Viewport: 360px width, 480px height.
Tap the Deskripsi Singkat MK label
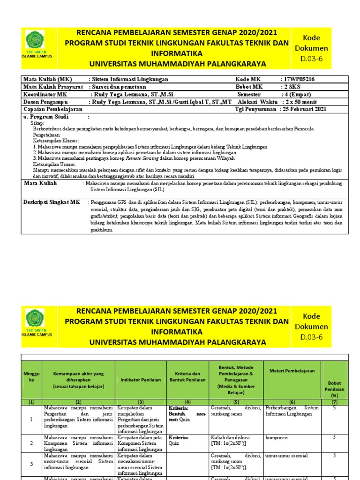click(52, 202)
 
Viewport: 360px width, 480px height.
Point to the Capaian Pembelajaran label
click(53, 109)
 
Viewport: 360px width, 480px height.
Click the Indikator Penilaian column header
click(140, 379)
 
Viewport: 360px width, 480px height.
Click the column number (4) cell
click(187, 402)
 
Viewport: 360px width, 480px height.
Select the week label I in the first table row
click(31, 419)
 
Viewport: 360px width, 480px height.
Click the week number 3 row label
click(31, 464)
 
